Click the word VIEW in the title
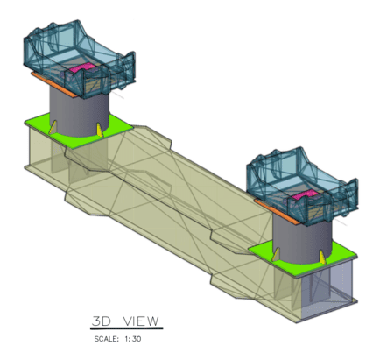tap(141, 321)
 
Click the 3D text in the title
tap(102, 321)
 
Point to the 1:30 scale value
tap(133, 339)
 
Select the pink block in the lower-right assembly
tap(305, 194)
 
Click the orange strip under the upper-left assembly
tap(55, 85)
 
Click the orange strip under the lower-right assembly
tap(278, 212)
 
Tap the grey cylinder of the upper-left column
tap(80, 112)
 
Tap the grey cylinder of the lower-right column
tap(302, 238)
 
